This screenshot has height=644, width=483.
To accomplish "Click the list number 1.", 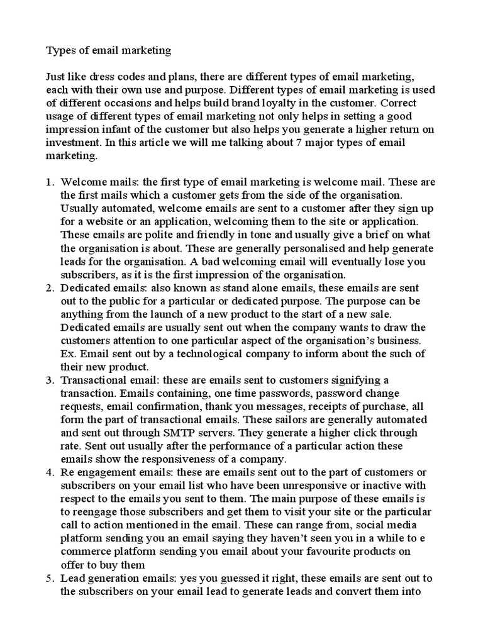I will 50,182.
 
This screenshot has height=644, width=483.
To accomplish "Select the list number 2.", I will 50,288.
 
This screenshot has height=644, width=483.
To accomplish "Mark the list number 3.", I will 50,380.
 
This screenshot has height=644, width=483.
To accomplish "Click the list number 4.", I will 50,472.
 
